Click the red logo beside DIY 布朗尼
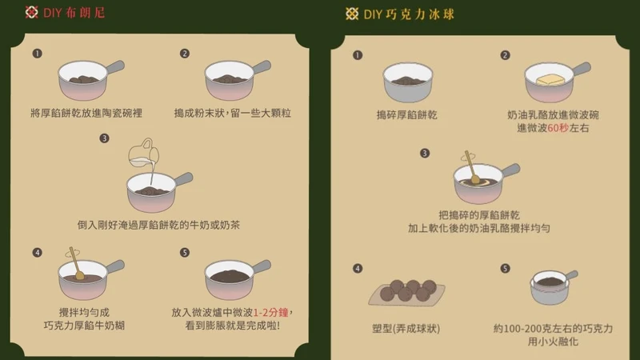pyautogui.click(x=31, y=12)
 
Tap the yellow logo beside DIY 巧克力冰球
pyautogui.click(x=352, y=14)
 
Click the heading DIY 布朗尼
pyautogui.click(x=74, y=13)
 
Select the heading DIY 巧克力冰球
pyautogui.click(x=409, y=14)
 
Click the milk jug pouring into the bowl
pyautogui.click(x=144, y=154)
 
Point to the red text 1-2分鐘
pyautogui.click(x=270, y=313)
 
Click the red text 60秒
pyautogui.click(x=558, y=128)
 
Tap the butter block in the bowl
pyautogui.click(x=550, y=79)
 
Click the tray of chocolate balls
pyautogui.click(x=407, y=293)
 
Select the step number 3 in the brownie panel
pyautogui.click(x=104, y=138)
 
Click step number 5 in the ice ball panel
pyautogui.click(x=505, y=268)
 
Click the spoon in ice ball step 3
pyautogui.click(x=472, y=167)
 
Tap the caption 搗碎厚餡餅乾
pyautogui.click(x=406, y=115)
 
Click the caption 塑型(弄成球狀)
pyautogui.click(x=406, y=329)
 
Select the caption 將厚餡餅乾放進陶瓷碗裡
pyautogui.click(x=86, y=113)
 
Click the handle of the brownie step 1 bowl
pyautogui.click(x=114, y=67)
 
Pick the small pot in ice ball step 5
pyautogui.click(x=554, y=286)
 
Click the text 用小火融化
pyautogui.click(x=553, y=342)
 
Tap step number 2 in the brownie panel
pyautogui.click(x=185, y=54)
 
